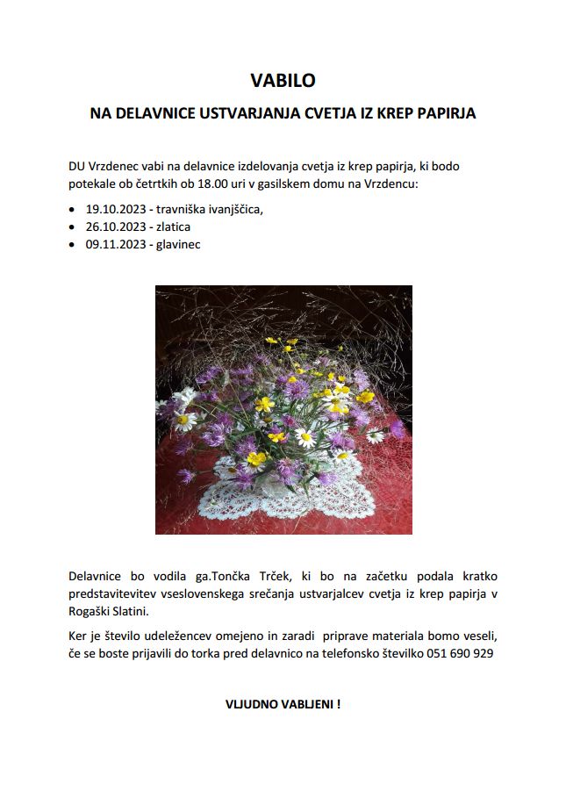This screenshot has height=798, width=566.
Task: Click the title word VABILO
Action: [283, 81]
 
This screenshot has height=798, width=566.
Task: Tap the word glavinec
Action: [178, 244]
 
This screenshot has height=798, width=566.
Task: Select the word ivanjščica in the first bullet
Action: [231, 210]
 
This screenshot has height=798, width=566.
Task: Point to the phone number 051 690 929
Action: [461, 653]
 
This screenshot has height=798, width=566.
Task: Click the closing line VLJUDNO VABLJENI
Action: [283, 704]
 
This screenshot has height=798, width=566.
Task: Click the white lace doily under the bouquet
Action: [290, 496]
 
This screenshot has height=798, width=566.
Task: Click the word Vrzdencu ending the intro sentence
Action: [391, 184]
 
